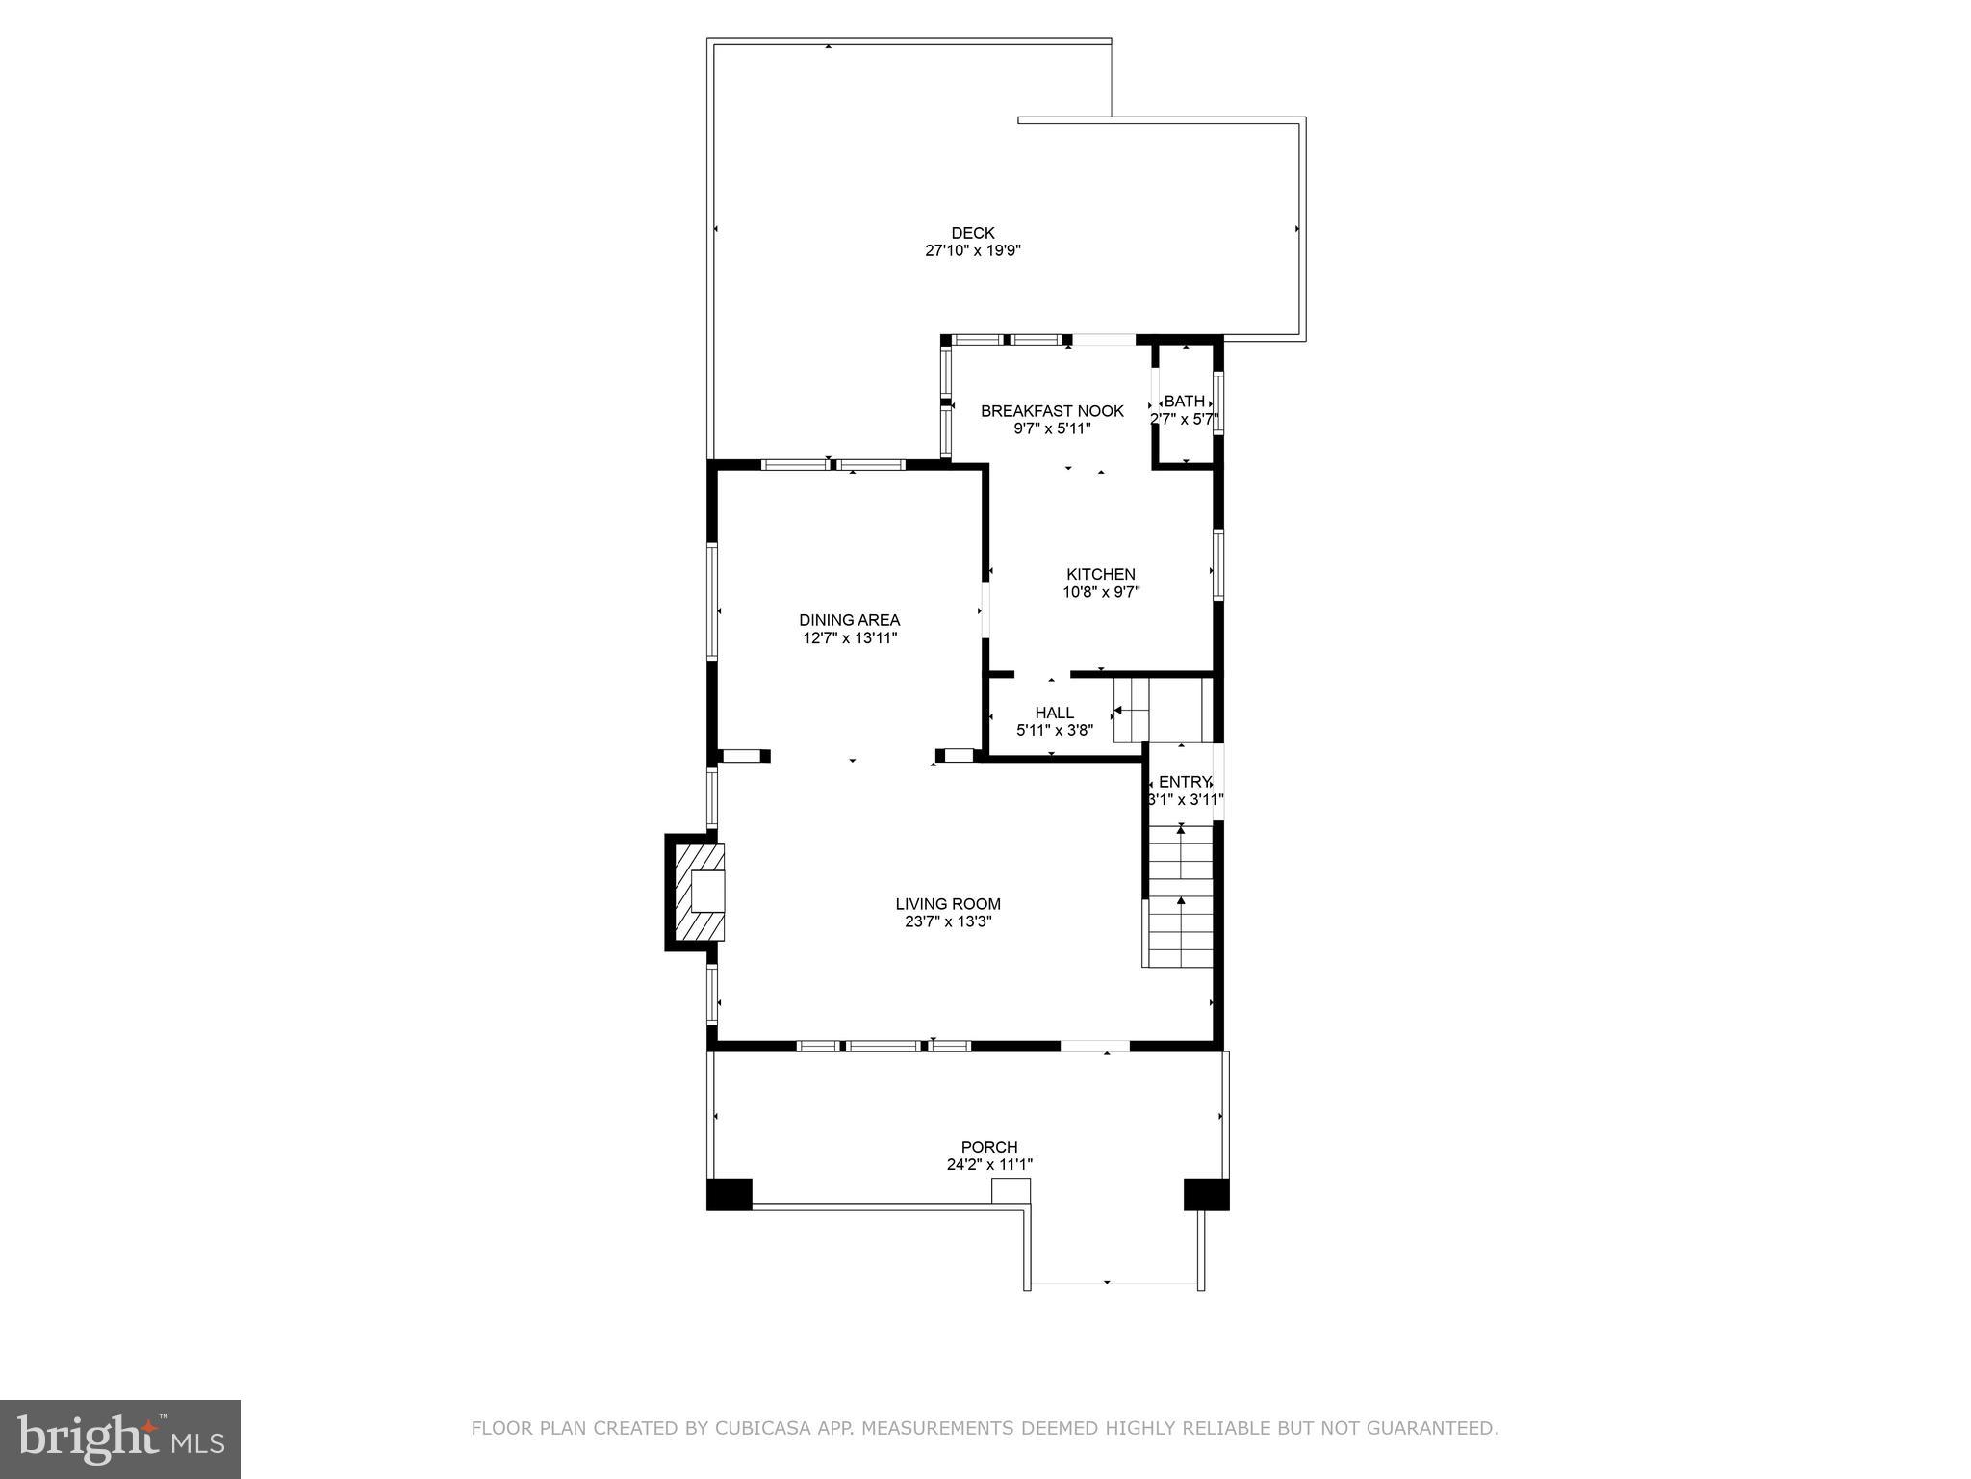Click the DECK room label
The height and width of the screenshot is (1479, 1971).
click(x=972, y=233)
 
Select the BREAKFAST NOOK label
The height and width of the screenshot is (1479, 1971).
click(x=1052, y=411)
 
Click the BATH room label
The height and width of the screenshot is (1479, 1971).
click(x=1184, y=402)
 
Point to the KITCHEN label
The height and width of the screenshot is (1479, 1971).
click(x=1100, y=575)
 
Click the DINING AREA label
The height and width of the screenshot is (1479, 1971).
click(x=849, y=620)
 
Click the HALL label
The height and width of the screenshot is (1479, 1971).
click(x=1054, y=713)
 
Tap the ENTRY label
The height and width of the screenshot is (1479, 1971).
click(x=1184, y=782)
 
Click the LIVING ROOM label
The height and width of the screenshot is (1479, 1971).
click(x=948, y=904)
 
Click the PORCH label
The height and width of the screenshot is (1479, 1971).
click(x=989, y=1147)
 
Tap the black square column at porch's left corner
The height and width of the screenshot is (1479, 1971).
click(x=729, y=1194)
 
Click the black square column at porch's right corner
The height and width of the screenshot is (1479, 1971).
click(x=1206, y=1194)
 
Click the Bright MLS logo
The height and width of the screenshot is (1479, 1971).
click(x=120, y=1439)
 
